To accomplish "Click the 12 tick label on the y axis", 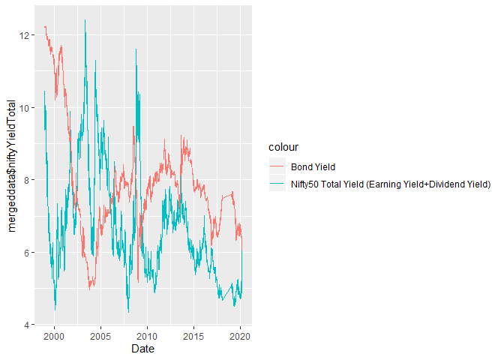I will tap(26, 35).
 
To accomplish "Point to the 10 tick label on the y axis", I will tap(26, 108).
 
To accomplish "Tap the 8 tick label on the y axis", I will tap(28, 180).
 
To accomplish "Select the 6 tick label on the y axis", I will tap(28, 253).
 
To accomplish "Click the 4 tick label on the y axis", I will tap(28, 325).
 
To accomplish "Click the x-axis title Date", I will tap(142, 349).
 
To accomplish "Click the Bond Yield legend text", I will tap(312, 166).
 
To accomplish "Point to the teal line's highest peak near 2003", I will tap(85, 21).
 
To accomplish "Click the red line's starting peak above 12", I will tap(45, 27).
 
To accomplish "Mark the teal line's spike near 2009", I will tap(136, 50).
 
